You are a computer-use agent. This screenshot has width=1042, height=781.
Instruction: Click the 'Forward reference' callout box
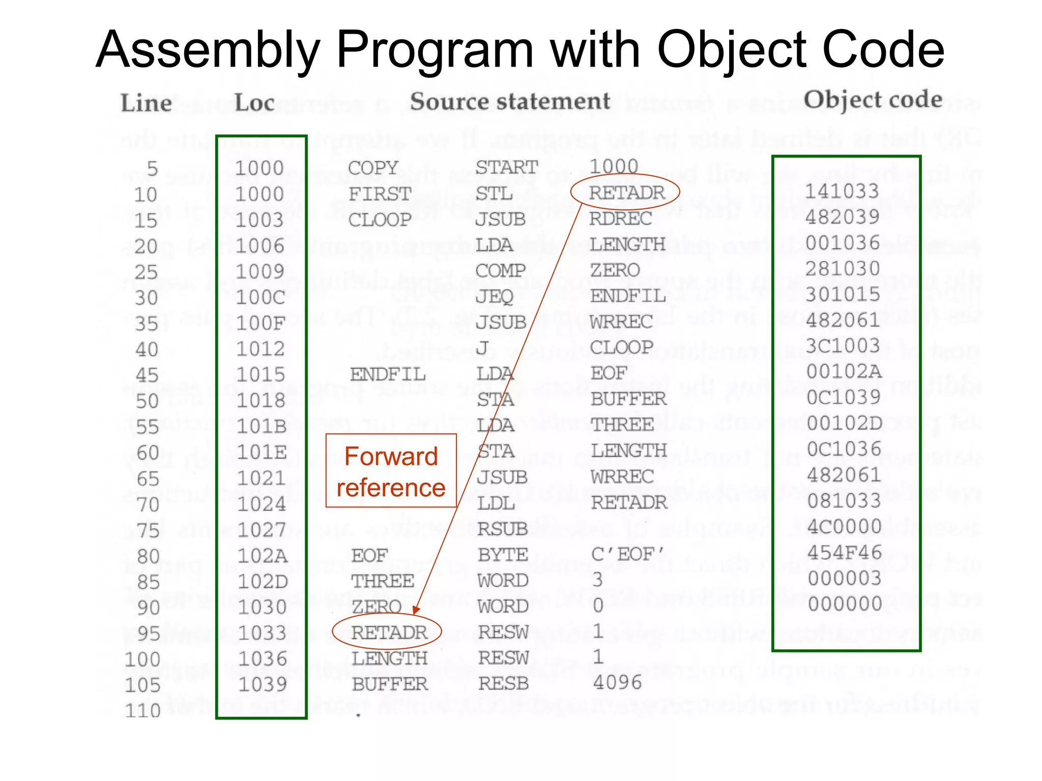pos(391,471)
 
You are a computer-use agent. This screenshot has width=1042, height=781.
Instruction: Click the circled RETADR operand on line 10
pos(626,192)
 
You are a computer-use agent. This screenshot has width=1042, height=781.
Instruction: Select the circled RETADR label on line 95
pos(388,632)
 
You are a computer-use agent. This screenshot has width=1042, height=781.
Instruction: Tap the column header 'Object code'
pos(873,100)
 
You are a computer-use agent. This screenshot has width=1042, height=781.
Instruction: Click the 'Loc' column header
pos(254,103)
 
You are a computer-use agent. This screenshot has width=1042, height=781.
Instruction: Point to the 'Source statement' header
pos(510,102)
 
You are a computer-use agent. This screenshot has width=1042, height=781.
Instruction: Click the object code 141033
pos(842,191)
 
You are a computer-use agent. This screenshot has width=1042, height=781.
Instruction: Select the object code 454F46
pos(845,552)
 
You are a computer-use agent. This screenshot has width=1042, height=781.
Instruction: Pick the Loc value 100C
pos(260,297)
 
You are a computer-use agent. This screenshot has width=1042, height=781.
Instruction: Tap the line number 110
pos(143,710)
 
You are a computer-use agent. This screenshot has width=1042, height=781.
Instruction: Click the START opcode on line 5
pos(507,167)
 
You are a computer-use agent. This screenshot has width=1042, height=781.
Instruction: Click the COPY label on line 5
pos(373,168)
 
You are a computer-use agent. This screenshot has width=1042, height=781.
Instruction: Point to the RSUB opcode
pos(502,529)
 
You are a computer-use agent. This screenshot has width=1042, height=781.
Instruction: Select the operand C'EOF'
pos(628,554)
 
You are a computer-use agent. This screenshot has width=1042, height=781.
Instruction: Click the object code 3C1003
pos(843,346)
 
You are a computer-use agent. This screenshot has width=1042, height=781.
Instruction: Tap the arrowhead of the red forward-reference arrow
pos(417,610)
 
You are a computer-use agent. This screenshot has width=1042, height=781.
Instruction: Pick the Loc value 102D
pos(263,582)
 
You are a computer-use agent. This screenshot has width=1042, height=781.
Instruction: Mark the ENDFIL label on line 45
pos(387,375)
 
